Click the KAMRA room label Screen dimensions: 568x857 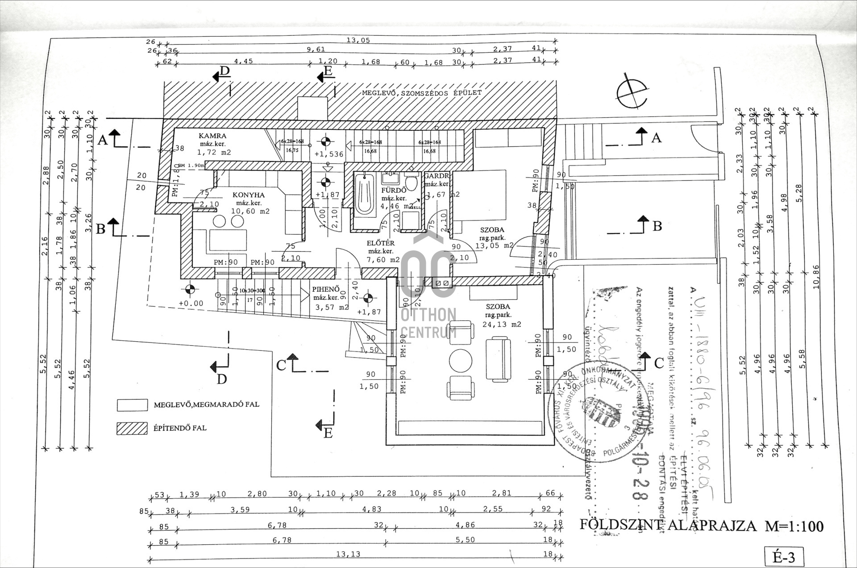[212, 136]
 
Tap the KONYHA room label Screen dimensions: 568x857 [248, 195]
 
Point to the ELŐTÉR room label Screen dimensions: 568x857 [381, 243]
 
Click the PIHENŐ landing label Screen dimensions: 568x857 [326, 289]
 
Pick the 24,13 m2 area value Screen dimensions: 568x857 [502, 324]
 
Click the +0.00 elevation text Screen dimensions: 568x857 [191, 303]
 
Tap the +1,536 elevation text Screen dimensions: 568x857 [329, 154]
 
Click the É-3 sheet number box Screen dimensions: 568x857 [784, 557]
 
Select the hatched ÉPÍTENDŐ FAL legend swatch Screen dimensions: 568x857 [132, 428]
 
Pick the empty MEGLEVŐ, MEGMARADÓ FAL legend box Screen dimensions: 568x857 [132, 405]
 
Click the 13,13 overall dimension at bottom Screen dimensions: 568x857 [348, 554]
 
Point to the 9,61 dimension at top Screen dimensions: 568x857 [316, 50]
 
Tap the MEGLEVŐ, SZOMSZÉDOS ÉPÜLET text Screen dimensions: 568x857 [421, 93]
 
